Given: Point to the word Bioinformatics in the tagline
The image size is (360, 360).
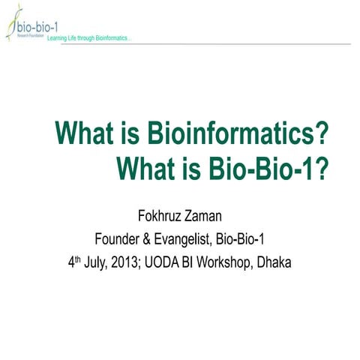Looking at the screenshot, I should point(112,39).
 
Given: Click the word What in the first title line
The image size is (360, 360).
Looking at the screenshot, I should point(83,136).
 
